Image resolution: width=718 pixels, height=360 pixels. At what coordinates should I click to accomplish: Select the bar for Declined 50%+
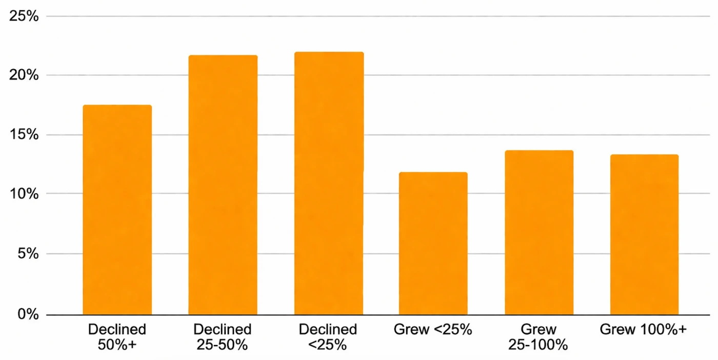point(117,210)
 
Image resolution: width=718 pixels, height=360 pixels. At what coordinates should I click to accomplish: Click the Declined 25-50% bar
point(223,185)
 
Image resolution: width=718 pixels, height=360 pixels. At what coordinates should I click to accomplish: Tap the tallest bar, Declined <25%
point(328,184)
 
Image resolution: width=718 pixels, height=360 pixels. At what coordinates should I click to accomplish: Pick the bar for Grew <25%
point(433,244)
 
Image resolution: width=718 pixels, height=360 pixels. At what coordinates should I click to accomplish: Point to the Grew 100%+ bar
point(644,235)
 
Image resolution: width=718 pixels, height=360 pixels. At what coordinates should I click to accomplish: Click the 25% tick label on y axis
point(24,16)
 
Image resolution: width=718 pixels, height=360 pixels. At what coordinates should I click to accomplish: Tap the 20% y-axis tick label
point(24,75)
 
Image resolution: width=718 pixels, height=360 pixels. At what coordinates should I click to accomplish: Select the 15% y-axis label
point(24,135)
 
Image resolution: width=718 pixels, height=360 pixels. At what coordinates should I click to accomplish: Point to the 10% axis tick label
point(24,194)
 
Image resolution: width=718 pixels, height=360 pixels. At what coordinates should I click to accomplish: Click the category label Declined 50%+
point(117,337)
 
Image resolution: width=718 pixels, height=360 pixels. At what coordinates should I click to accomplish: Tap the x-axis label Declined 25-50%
point(223,337)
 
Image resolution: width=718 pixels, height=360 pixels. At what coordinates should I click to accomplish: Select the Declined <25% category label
point(328,337)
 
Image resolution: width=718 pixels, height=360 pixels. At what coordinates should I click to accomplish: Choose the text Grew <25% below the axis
point(433,329)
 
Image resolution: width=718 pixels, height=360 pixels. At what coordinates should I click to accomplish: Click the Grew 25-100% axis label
point(538,337)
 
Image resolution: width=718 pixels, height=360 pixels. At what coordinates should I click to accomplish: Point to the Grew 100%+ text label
point(643,329)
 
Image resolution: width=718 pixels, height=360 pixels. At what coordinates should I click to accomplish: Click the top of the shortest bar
point(433,173)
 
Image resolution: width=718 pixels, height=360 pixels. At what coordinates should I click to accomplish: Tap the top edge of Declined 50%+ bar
point(117,106)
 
